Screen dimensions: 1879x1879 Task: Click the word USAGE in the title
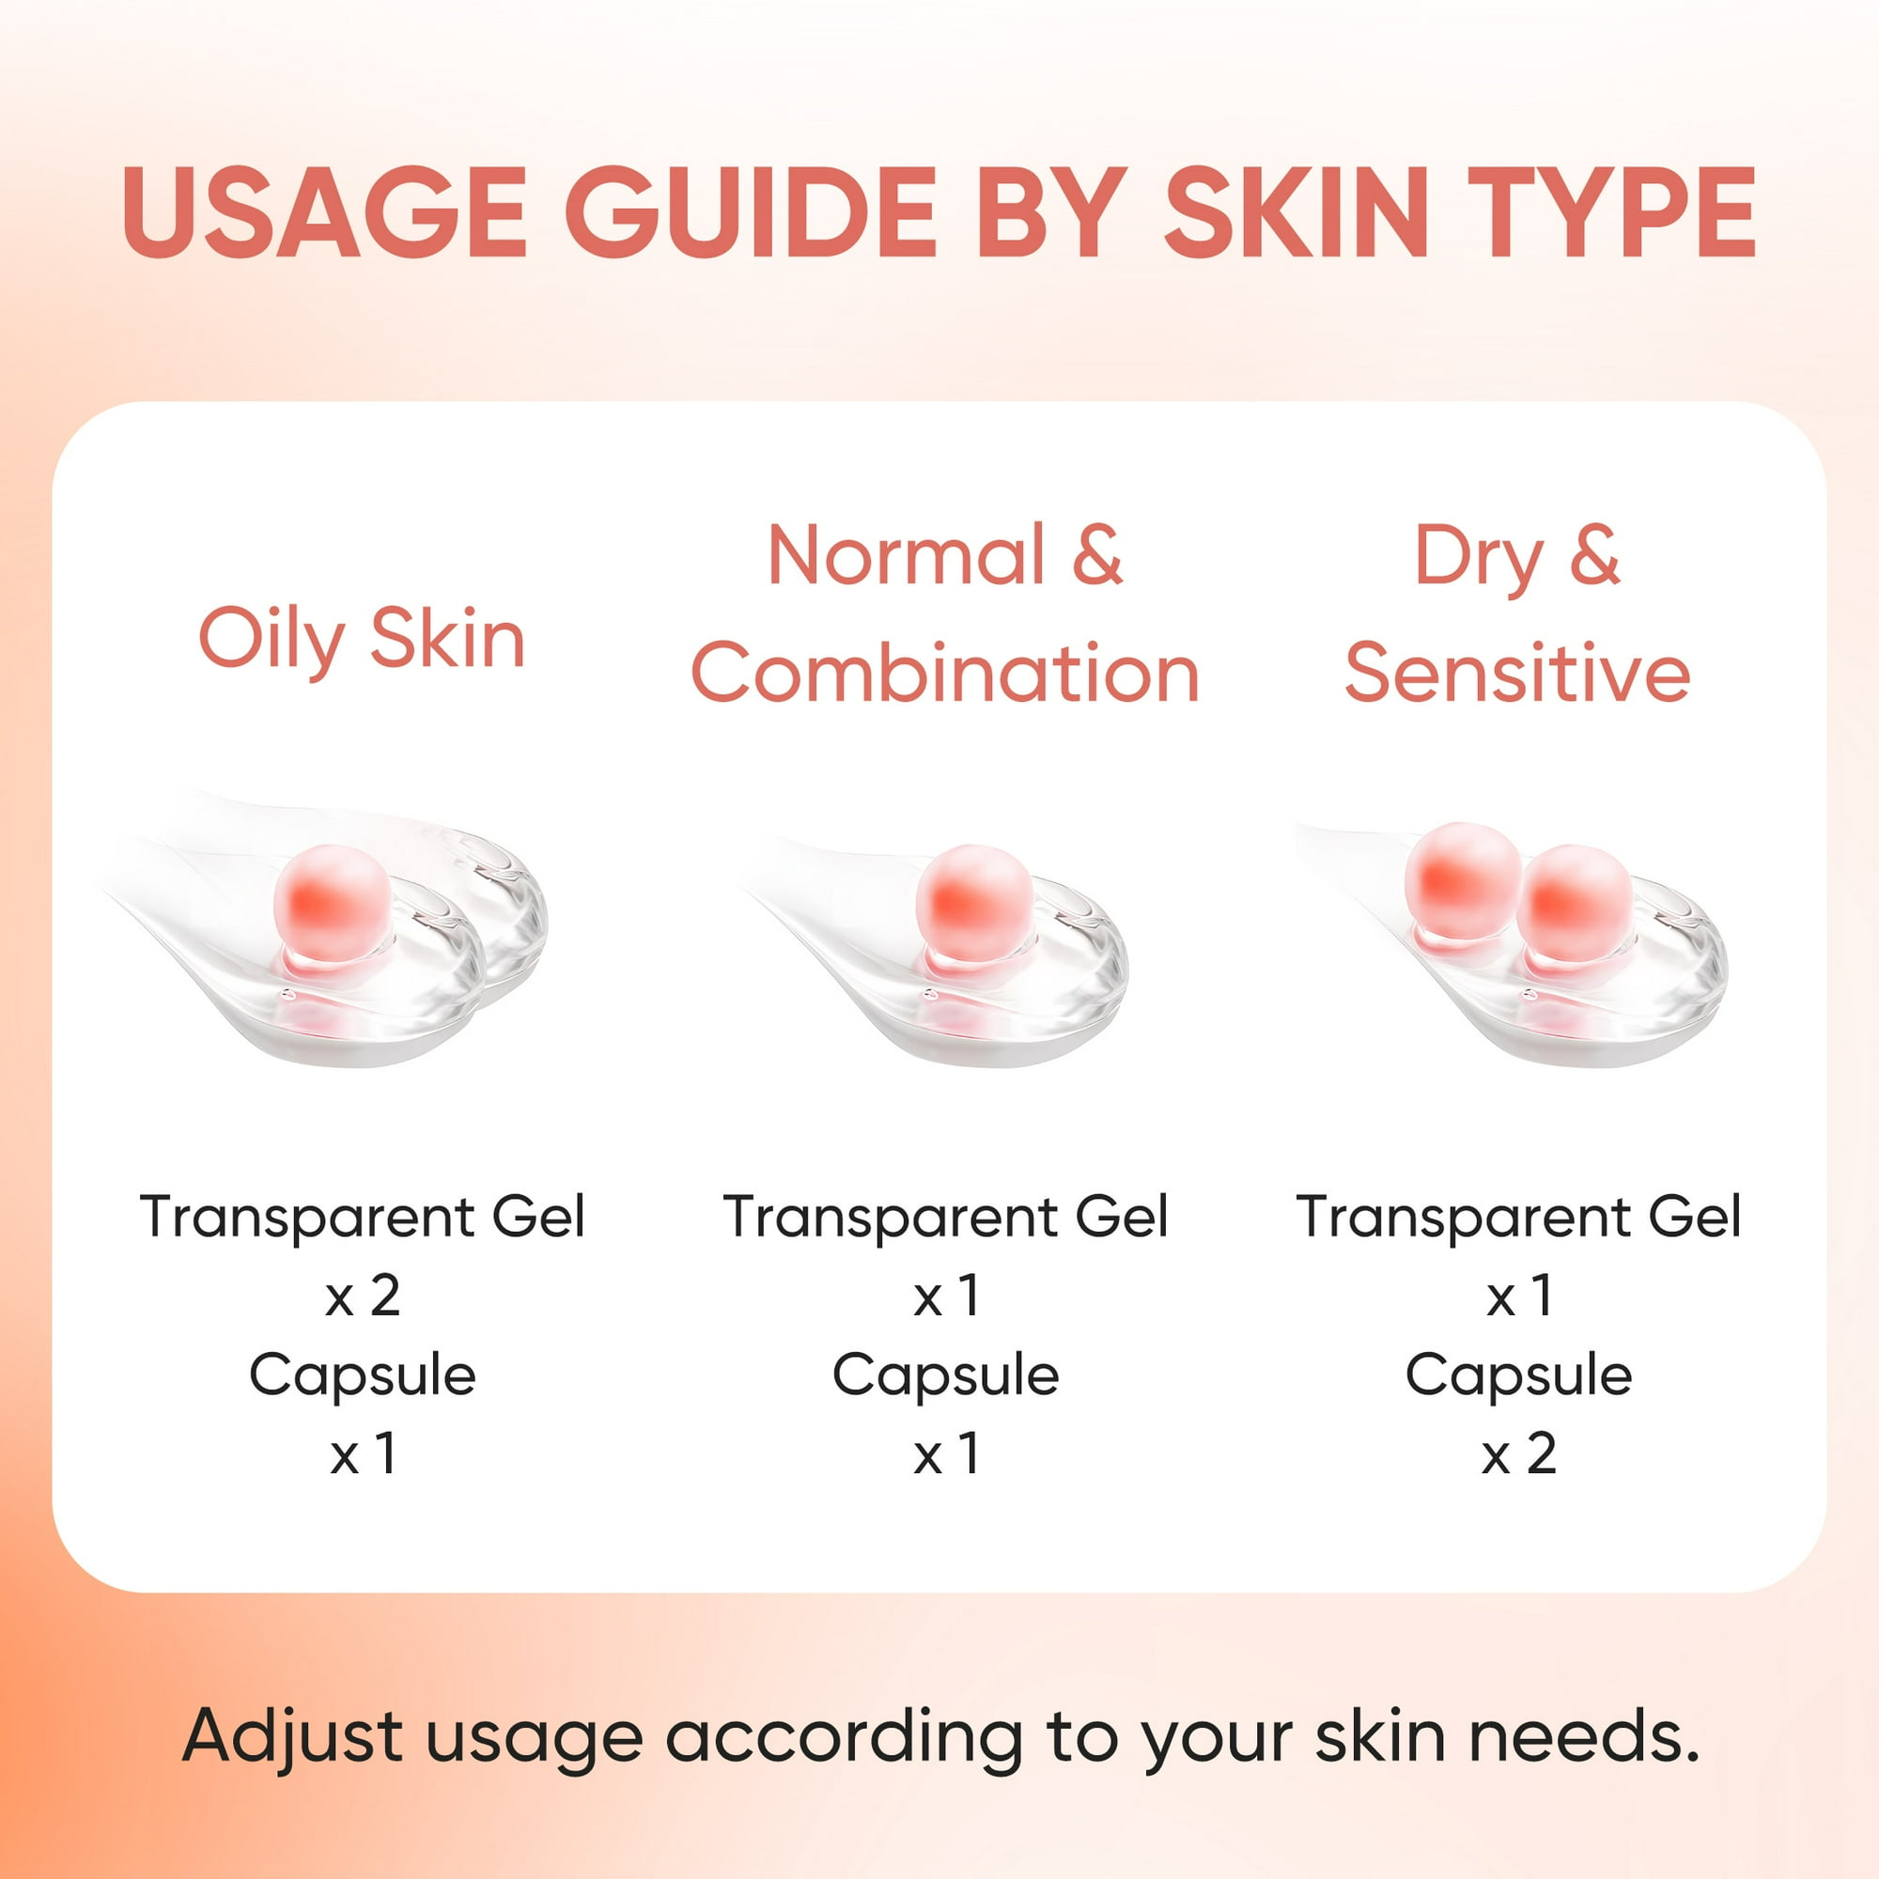(x=324, y=212)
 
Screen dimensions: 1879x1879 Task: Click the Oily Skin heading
(x=362, y=640)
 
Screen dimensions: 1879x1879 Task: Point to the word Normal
(x=906, y=555)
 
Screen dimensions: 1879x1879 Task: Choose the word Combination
(x=944, y=673)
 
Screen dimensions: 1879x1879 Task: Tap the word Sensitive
(x=1517, y=673)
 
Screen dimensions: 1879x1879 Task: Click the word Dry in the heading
(x=1477, y=557)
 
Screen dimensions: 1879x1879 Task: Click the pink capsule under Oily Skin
(x=333, y=903)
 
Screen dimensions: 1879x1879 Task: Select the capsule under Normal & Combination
(x=974, y=903)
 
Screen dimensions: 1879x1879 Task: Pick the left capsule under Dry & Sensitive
(x=1462, y=881)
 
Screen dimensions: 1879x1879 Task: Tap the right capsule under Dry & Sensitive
(x=1575, y=903)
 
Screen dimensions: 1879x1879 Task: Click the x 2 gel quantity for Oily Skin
(x=362, y=1297)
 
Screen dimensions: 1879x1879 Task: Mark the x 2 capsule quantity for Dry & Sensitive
(x=1518, y=1455)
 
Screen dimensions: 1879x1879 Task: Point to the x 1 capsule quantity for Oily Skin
(x=362, y=1455)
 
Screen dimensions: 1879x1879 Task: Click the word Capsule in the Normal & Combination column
(x=944, y=1375)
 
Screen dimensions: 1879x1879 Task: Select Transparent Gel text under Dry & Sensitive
(x=1518, y=1217)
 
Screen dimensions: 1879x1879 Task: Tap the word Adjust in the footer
(x=293, y=1737)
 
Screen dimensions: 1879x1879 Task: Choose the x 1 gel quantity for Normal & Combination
(x=944, y=1297)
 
